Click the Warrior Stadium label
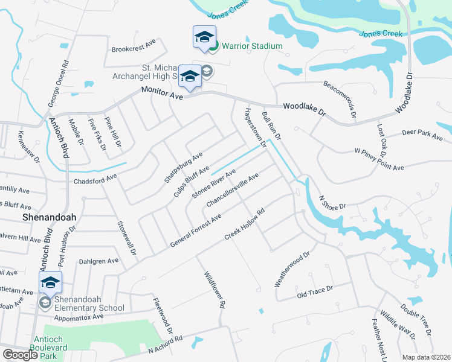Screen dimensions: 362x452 pyautogui.click(x=252, y=46)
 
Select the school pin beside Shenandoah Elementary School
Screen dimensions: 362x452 pyautogui.click(x=51, y=282)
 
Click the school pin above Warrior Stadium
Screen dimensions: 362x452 pyautogui.click(x=204, y=37)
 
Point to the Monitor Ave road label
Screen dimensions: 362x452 pyautogui.click(x=161, y=92)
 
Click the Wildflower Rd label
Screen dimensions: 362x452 pyautogui.click(x=214, y=290)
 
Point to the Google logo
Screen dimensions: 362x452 pyautogui.click(x=21, y=355)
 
